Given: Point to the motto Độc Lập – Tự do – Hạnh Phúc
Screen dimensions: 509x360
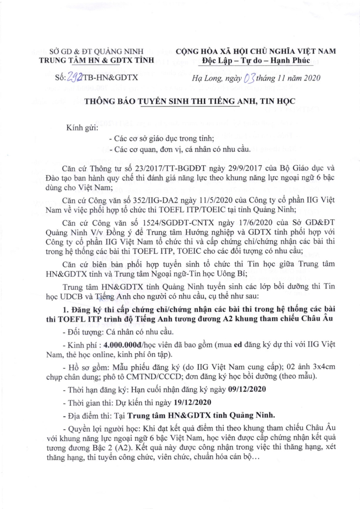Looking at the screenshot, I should (256, 60).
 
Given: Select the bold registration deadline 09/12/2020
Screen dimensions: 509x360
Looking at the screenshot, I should (247, 389).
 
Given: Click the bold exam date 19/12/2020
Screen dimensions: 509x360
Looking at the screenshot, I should (192, 403).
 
